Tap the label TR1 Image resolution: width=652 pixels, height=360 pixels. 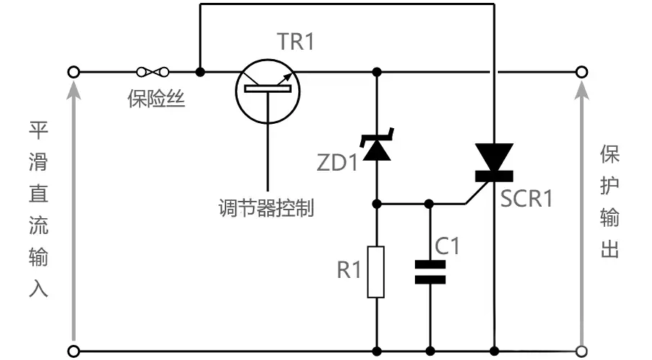pyautogui.click(x=295, y=42)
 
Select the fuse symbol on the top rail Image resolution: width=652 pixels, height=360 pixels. pyautogui.click(x=152, y=71)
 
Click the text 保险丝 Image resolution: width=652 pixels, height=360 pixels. pyautogui.click(x=157, y=99)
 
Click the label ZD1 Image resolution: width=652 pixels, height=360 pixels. pyautogui.click(x=337, y=163)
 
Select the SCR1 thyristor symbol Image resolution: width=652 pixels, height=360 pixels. pyautogui.click(x=494, y=163)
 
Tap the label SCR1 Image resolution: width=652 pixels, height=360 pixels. pyautogui.click(x=527, y=198)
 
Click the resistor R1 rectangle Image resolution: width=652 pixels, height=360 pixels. pyautogui.click(x=376, y=271)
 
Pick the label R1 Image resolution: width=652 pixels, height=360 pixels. pyautogui.click(x=349, y=271)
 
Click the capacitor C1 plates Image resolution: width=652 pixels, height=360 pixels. pyautogui.click(x=430, y=272)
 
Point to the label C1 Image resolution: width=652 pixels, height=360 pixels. pyautogui.click(x=447, y=246)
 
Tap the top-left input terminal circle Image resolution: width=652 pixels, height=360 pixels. pyautogui.click(x=72, y=71)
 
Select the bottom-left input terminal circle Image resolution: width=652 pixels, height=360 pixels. pyautogui.click(x=72, y=351)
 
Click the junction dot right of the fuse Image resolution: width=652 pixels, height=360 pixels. pyautogui.click(x=200, y=71)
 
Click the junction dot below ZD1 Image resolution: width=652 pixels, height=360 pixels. pyautogui.click(x=376, y=204)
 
